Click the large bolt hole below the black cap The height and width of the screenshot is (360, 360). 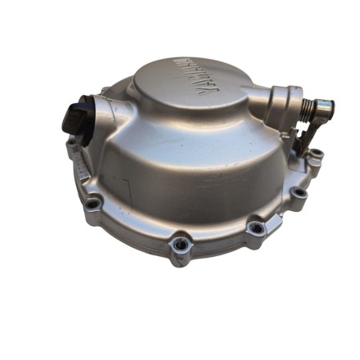point(94,202)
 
